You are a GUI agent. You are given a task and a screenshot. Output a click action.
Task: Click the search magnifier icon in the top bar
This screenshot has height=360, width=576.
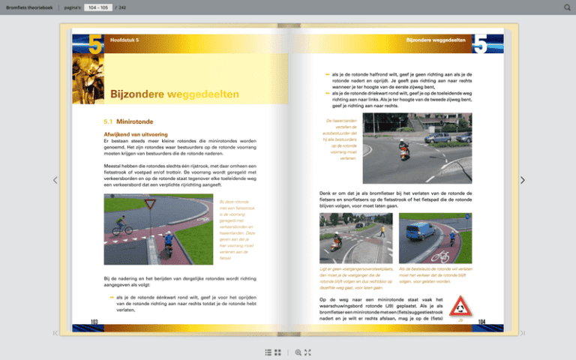click(567, 7)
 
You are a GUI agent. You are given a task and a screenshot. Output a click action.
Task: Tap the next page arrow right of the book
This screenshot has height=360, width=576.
click(523, 180)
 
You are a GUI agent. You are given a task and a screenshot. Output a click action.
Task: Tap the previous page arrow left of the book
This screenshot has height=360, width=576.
click(55, 180)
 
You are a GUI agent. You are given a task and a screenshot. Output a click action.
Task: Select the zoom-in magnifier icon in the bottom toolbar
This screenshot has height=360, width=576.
click(298, 352)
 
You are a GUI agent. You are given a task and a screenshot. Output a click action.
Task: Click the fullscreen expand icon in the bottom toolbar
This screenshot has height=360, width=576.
click(307, 352)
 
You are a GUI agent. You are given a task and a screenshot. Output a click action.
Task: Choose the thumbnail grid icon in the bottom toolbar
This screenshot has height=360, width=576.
click(277, 352)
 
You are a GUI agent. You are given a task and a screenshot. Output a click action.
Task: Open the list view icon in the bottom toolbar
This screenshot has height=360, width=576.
click(268, 352)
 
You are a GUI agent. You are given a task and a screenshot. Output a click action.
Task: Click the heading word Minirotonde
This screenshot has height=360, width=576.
click(135, 121)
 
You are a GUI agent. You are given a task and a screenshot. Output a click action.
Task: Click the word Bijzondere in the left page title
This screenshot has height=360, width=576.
click(137, 94)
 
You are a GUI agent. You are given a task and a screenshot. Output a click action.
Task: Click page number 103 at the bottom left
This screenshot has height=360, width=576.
click(94, 321)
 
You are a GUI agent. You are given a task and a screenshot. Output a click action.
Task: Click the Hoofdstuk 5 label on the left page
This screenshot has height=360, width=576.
click(124, 40)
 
